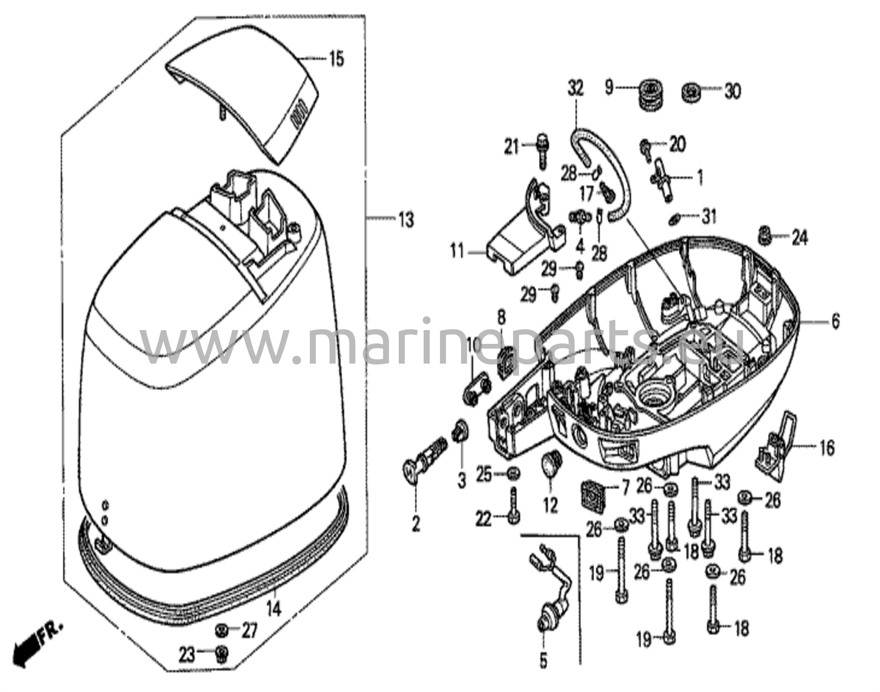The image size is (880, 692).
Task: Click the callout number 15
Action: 336,59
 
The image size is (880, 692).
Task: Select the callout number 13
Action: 406,220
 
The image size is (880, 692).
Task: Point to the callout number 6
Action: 835,322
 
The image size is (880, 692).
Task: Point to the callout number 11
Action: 457,251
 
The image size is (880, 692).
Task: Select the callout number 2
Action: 416,524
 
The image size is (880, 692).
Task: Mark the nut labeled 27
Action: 222,631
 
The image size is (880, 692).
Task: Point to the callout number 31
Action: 709,216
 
